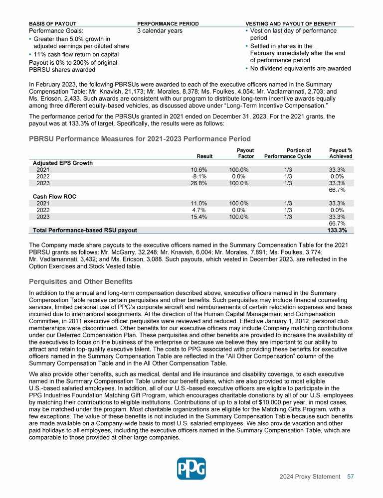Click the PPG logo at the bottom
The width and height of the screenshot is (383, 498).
click(191, 469)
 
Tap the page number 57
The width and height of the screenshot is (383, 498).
click(350, 477)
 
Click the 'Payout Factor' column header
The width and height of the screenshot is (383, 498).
click(245, 153)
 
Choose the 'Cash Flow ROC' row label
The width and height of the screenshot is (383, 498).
click(52, 196)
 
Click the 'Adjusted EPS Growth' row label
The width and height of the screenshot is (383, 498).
click(63, 163)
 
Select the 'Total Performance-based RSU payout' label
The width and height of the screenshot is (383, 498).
click(85, 230)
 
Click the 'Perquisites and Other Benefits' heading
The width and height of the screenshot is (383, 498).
click(81, 282)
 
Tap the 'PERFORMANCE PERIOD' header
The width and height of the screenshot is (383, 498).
click(168, 23)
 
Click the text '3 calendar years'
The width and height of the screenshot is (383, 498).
click(160, 31)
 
